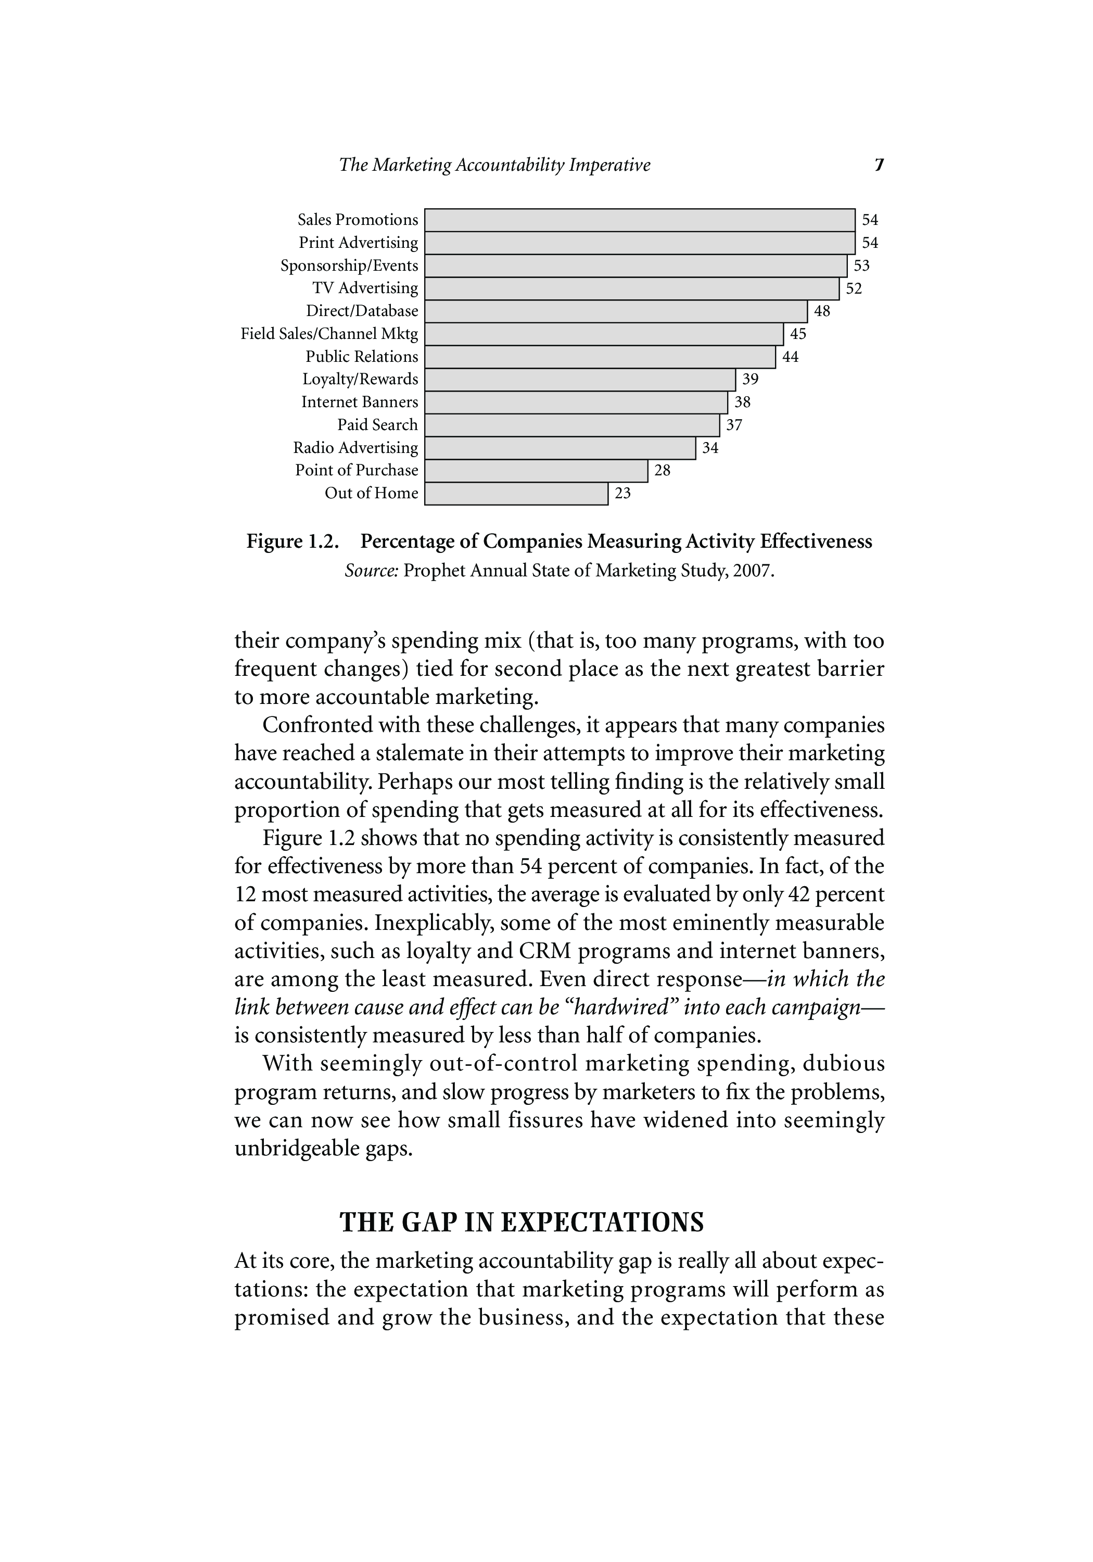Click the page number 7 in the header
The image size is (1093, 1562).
(879, 166)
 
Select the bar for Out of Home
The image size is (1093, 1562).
(516, 493)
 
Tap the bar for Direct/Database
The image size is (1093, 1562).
(616, 311)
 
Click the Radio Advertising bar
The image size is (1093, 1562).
(560, 448)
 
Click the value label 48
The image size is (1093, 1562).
(822, 311)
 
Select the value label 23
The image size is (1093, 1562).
(622, 493)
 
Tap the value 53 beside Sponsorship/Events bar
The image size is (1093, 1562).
(861, 266)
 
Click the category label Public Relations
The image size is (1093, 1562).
(362, 357)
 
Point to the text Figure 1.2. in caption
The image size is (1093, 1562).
(292, 541)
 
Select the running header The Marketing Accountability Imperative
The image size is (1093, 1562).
(494, 166)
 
